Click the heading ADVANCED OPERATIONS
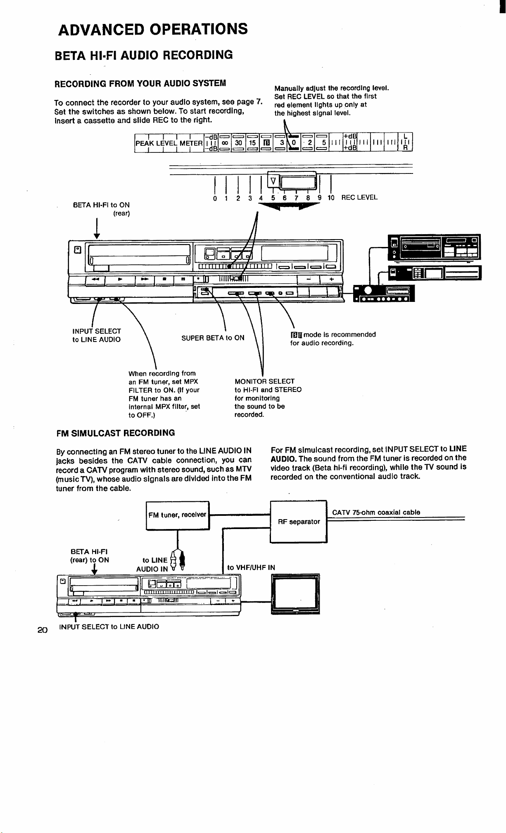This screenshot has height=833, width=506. point(153,29)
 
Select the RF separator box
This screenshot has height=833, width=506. point(299,522)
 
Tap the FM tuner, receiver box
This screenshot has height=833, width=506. point(178,515)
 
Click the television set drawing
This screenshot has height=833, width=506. point(295,594)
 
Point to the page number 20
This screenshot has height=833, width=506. point(43,630)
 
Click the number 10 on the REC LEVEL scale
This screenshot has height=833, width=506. point(331,198)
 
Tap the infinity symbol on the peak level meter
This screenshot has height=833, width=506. point(226,142)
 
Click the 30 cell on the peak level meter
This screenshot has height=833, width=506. point(239,142)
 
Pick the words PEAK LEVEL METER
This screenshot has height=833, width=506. point(169,143)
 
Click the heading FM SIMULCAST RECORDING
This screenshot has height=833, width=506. point(116,433)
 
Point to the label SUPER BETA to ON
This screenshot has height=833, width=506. point(213,338)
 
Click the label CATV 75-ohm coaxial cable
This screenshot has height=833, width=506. point(376,512)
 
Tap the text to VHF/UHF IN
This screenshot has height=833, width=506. point(251,567)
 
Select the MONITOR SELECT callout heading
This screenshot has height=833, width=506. point(265,381)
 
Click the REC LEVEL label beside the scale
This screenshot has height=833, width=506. point(359,197)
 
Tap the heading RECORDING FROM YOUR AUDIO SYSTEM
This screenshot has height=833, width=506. point(140,83)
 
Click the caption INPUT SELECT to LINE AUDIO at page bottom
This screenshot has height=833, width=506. point(109,627)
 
